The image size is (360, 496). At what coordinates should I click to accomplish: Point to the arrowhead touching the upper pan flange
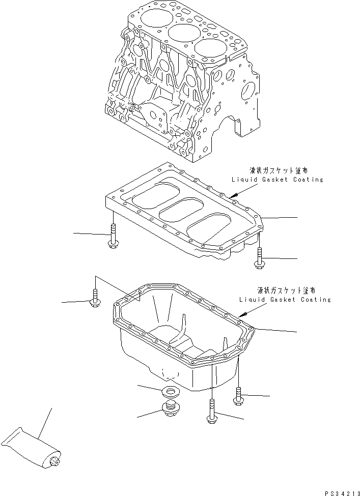click(x=231, y=196)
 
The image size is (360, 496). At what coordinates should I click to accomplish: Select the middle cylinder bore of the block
click(x=182, y=34)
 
